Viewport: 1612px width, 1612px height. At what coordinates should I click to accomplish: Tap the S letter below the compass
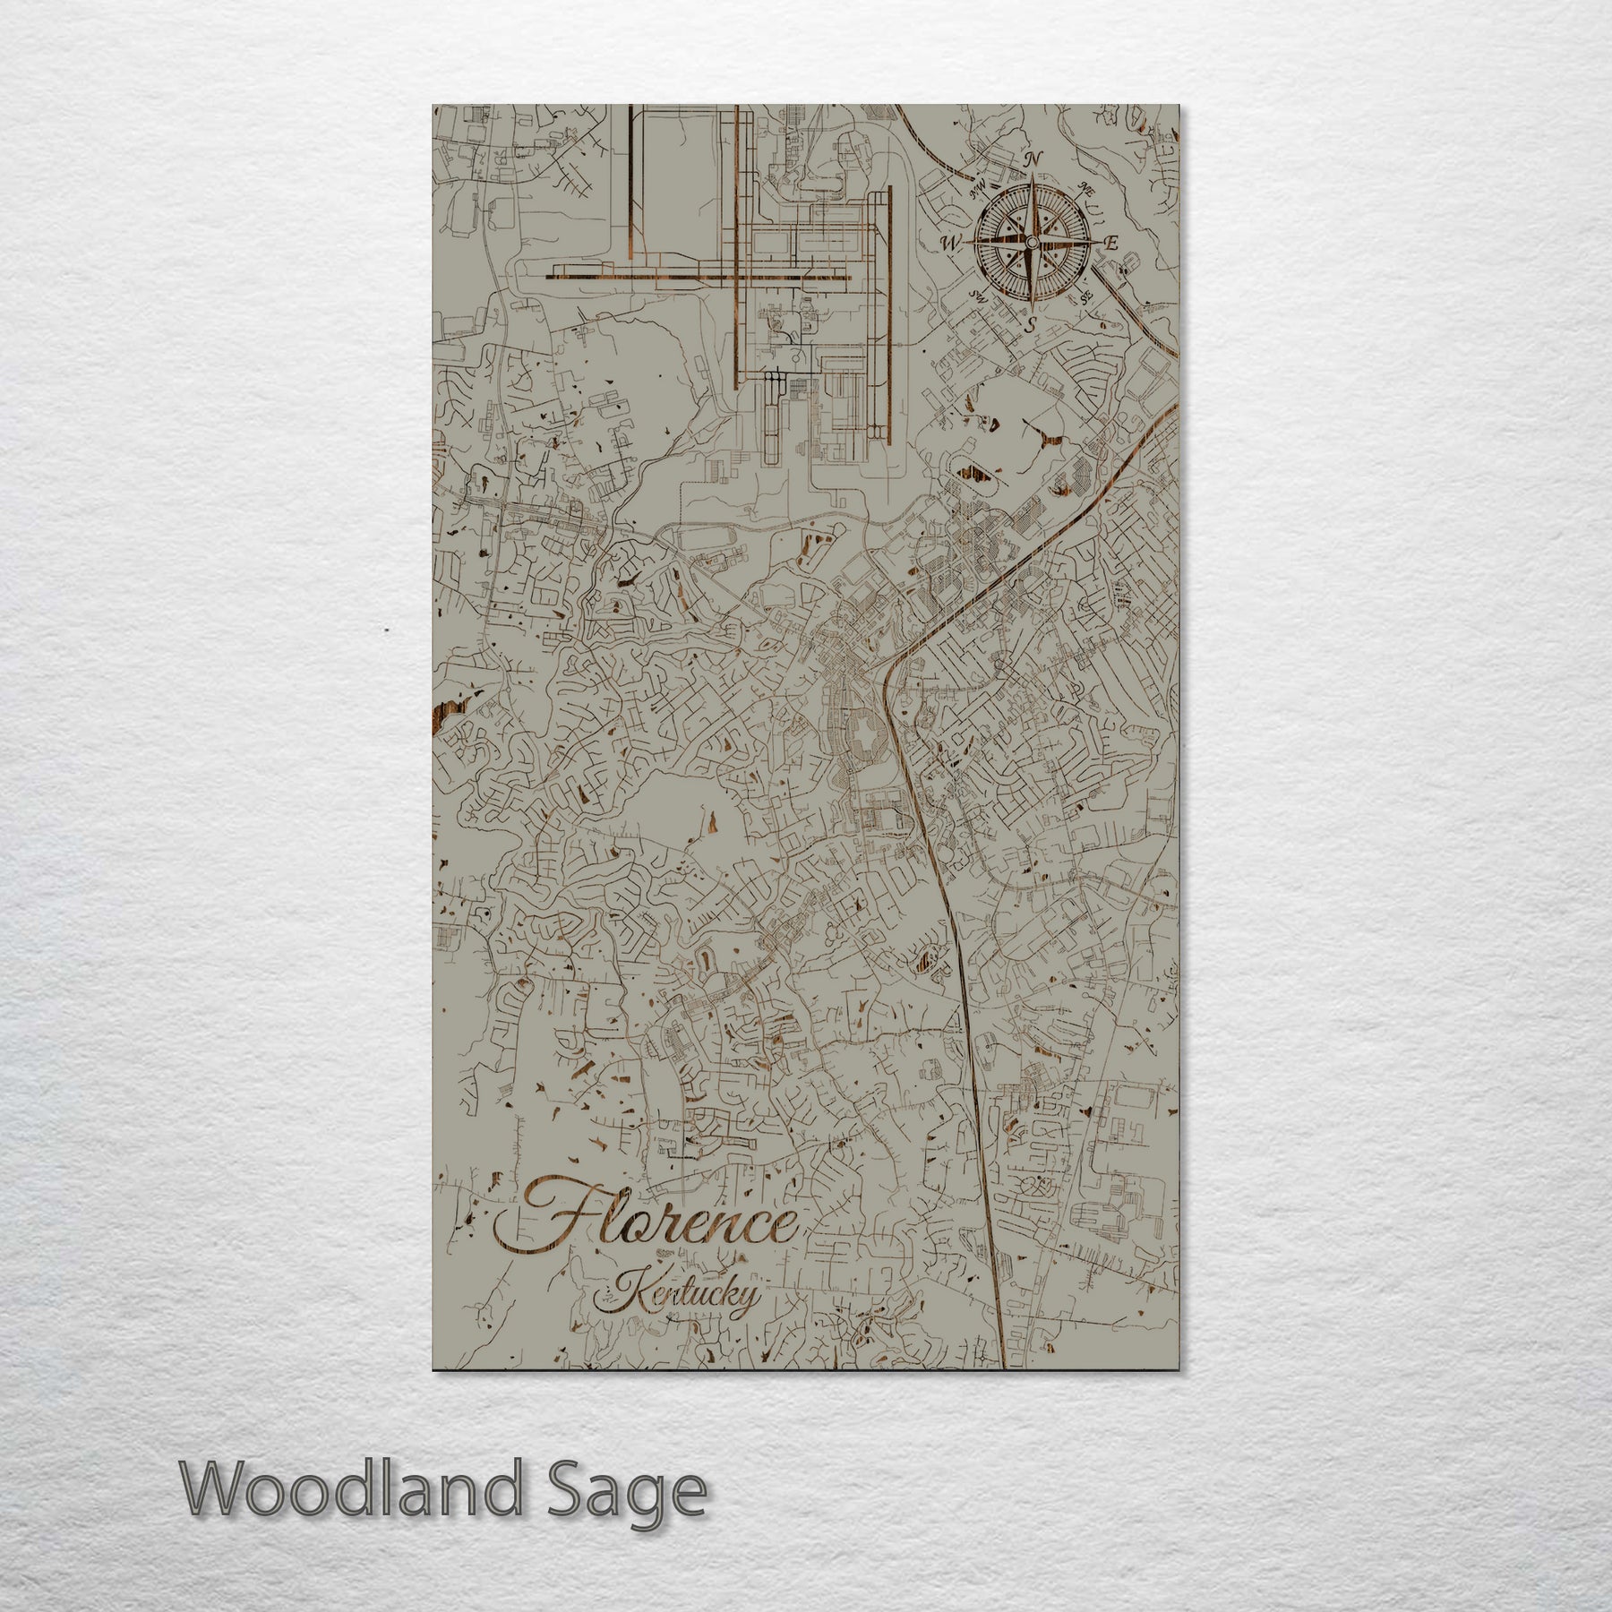(x=1032, y=325)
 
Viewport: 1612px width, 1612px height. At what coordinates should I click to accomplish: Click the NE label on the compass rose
(x=1088, y=189)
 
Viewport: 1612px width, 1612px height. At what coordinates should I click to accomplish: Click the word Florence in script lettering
(x=649, y=1224)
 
